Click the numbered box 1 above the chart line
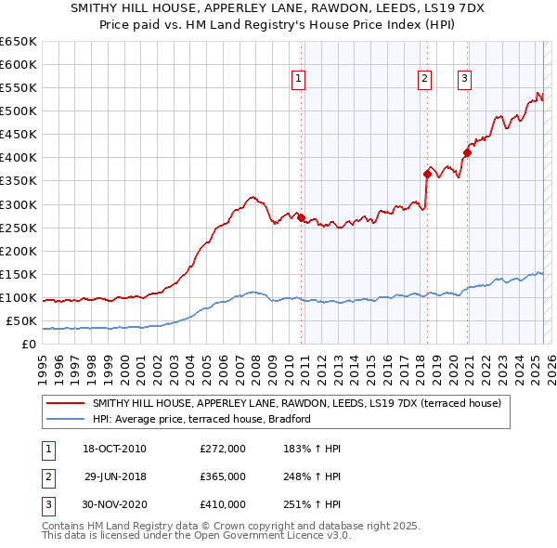(x=298, y=79)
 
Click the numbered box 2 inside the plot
(x=424, y=79)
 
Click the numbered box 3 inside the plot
(x=463, y=79)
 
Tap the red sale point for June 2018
(x=427, y=174)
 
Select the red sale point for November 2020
(x=468, y=153)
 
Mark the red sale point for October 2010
(x=302, y=217)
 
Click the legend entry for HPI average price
(x=201, y=420)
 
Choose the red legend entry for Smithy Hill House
(x=297, y=403)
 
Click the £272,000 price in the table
(x=223, y=449)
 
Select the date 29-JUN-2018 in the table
(x=116, y=476)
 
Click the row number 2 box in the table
(x=46, y=476)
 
